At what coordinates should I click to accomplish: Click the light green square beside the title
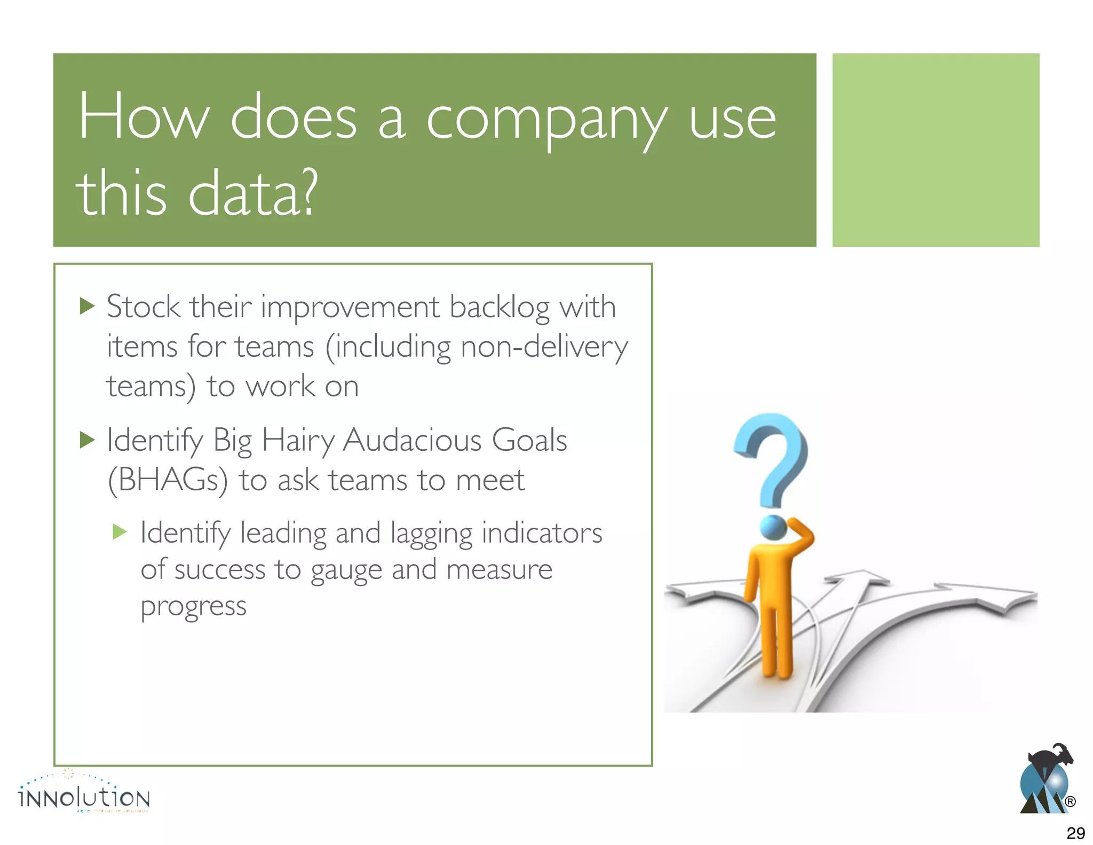935,150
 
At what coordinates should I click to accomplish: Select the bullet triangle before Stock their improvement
86,306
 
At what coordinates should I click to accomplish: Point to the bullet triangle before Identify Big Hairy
86,440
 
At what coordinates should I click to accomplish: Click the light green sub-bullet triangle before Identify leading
120,531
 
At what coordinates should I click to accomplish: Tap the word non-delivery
544,347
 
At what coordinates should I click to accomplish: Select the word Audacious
412,441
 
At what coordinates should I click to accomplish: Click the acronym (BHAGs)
168,480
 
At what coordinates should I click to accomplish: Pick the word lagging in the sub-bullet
431,534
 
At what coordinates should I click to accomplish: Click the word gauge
346,570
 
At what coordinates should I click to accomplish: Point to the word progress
193,607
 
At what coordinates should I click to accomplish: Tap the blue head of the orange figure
773,528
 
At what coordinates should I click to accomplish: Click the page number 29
1075,833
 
